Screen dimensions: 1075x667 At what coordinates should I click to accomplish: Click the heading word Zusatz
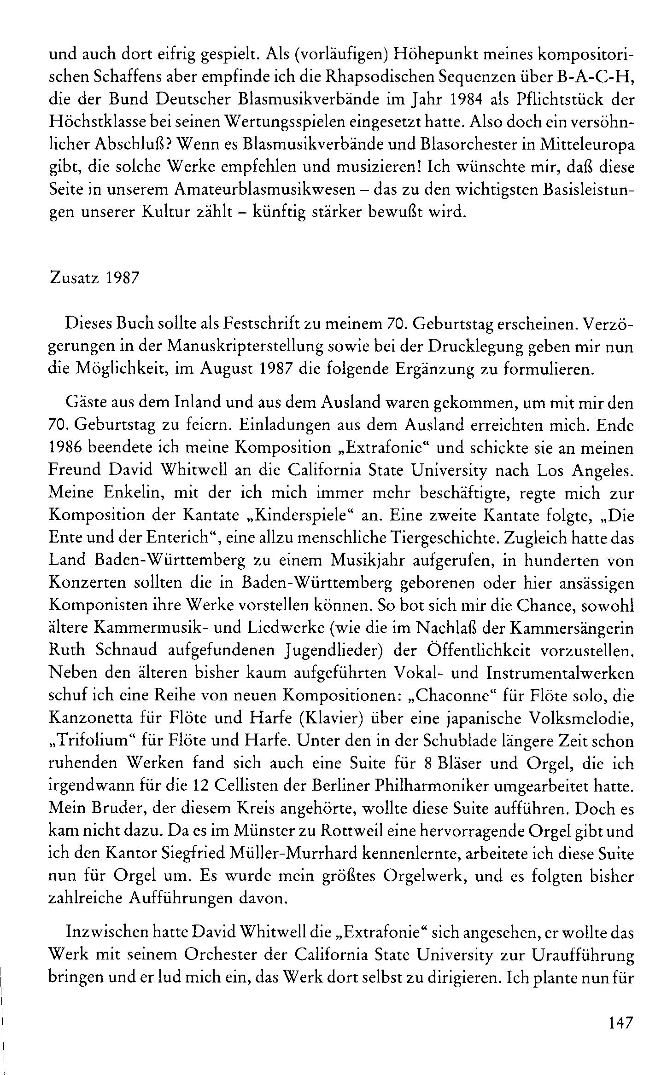pos(74,280)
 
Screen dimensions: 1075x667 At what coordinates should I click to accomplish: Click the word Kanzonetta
pos(92,717)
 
